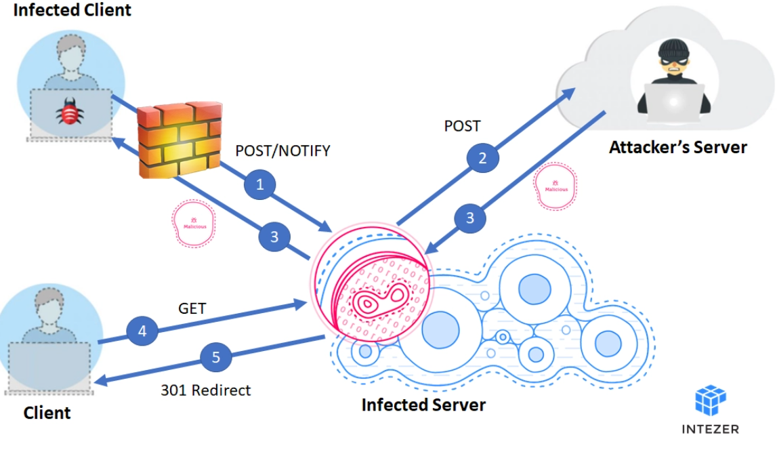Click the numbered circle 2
click(x=482, y=158)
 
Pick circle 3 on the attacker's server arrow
click(x=469, y=218)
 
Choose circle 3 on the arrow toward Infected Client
click(x=274, y=237)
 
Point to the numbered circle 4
click(x=142, y=331)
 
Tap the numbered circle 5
click(x=216, y=357)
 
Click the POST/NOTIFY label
click(x=282, y=150)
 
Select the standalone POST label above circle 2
click(x=462, y=126)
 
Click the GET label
click(x=192, y=309)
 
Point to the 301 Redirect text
click(x=205, y=390)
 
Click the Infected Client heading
click(x=72, y=11)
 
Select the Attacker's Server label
click(x=677, y=147)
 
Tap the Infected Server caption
click(x=423, y=405)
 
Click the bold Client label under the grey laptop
click(x=47, y=412)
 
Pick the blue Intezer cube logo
click(x=710, y=401)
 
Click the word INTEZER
click(x=710, y=429)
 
